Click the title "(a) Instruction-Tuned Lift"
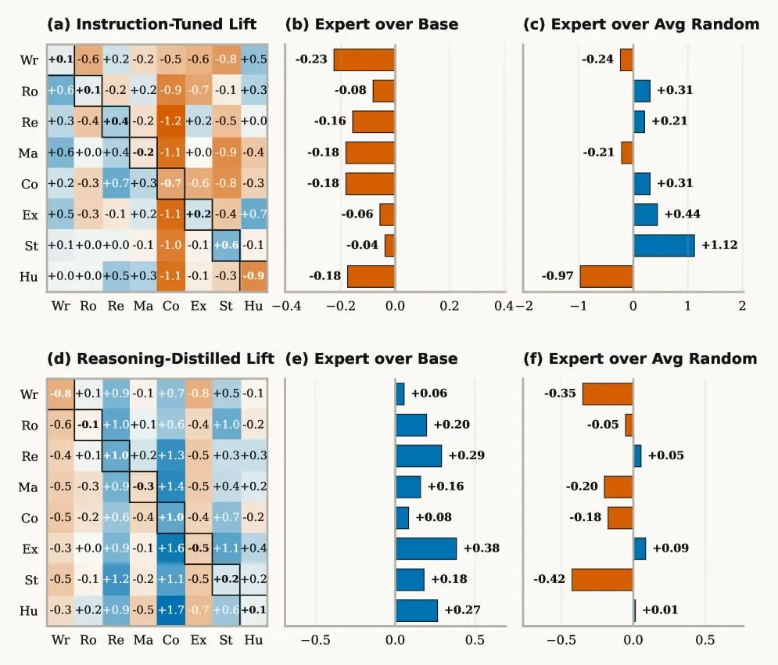coord(152,23)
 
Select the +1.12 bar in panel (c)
coord(664,246)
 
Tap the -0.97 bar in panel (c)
coord(606,276)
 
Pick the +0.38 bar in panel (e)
coord(425,548)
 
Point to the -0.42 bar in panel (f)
coord(602,580)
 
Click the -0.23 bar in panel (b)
coord(364,59)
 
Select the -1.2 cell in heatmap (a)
coord(170,121)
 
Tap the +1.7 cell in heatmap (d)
coord(170,610)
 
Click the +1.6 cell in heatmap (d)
coord(170,548)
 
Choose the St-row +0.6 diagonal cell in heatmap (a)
coord(226,246)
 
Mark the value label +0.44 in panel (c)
coord(683,214)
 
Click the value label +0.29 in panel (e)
coord(466,455)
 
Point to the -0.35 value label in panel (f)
coord(560,394)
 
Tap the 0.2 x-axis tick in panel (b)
coord(449,306)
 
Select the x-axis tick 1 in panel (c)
coord(687,306)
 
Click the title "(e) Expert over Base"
coord(371,358)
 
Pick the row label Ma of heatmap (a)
coord(28,153)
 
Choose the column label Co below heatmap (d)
coord(170,640)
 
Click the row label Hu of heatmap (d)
coord(29,610)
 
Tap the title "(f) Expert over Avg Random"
coord(640,358)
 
